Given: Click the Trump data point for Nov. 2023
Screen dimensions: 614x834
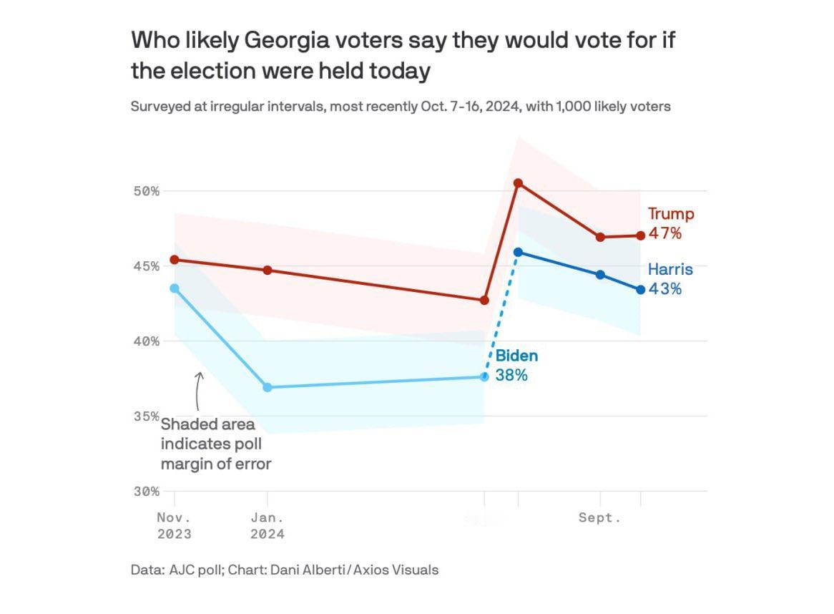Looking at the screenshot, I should pos(175,260).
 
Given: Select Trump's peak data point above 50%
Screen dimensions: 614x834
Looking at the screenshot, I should pos(519,183).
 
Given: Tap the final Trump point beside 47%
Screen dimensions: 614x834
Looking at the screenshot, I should pos(641,235).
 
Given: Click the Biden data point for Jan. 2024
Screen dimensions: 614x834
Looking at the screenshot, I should pos(268,387).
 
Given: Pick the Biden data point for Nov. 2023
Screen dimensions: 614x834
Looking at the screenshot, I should pos(175,288).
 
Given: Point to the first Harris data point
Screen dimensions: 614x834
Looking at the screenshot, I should pos(519,252).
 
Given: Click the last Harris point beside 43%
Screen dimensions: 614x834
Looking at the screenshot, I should pos(641,290).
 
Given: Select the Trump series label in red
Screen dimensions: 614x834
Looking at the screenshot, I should pos(671,214).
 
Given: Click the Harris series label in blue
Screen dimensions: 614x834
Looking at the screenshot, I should pos(670,270).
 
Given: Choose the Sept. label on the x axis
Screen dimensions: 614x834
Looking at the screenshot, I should pos(599,517).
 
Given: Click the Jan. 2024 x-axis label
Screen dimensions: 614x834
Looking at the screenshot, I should pos(268,525).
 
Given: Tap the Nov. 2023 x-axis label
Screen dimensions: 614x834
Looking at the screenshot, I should pos(175,525).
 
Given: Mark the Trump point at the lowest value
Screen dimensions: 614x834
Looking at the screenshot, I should pos(484,301).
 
